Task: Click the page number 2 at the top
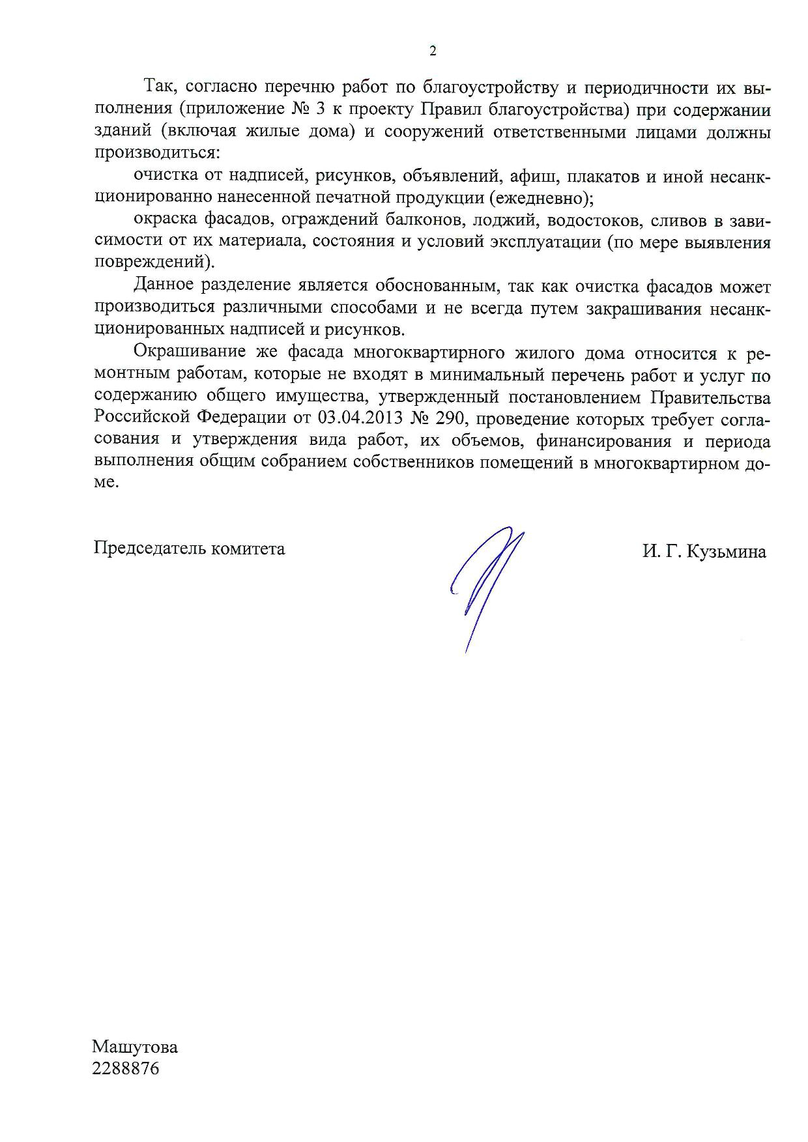[432, 51]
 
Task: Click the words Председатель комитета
[189, 549]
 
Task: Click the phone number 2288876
[126, 1069]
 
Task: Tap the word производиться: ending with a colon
[158, 153]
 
